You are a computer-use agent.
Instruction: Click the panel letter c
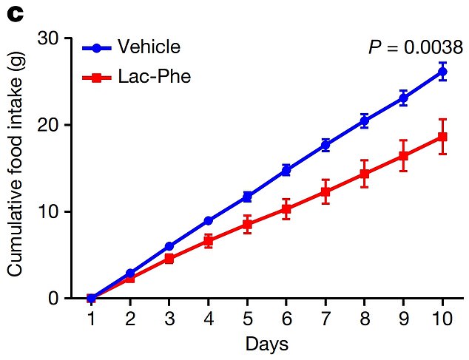11,11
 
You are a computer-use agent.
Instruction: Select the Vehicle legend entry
132,48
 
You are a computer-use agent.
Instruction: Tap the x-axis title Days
266,344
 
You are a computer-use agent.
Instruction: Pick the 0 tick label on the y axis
55,298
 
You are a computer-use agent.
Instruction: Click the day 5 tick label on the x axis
247,319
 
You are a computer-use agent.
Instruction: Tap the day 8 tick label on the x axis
365,319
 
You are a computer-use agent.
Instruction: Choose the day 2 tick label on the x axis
129,319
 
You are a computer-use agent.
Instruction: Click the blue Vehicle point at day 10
442,72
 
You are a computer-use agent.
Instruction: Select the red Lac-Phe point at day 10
442,137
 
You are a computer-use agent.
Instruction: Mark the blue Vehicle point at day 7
325,146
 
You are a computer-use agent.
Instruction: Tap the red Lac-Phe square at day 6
286,209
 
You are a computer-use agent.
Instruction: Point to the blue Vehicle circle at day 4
208,221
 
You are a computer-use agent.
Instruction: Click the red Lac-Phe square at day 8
365,174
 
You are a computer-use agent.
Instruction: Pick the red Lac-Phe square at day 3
169,259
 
